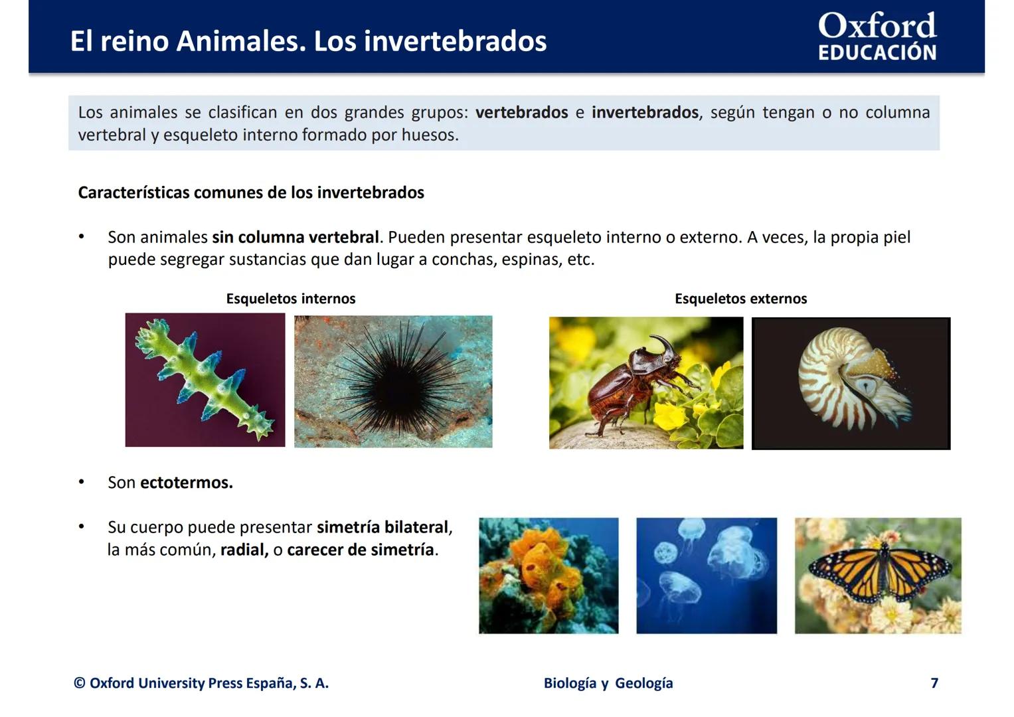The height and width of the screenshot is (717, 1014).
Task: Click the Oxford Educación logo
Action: (877, 37)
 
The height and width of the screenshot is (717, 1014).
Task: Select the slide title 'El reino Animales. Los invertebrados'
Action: (308, 41)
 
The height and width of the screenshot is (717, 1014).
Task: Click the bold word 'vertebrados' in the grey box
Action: (521, 113)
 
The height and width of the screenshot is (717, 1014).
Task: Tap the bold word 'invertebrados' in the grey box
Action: (645, 113)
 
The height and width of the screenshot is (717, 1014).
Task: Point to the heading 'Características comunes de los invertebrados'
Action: (251, 193)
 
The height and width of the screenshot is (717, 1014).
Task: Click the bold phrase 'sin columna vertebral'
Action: (296, 237)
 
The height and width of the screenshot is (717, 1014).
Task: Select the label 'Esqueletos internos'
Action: (291, 299)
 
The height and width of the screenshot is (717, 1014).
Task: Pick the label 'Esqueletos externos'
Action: (740, 299)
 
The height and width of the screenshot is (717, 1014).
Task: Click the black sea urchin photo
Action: (393, 381)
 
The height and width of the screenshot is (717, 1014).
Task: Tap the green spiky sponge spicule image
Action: (205, 380)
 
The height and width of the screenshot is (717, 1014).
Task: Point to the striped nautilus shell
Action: (837, 378)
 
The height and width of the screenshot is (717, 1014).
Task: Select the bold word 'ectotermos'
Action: (186, 483)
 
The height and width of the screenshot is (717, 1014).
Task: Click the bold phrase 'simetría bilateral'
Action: (382, 527)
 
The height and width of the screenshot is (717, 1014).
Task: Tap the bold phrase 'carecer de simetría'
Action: (361, 550)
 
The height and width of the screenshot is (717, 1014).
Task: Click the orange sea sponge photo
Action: (549, 576)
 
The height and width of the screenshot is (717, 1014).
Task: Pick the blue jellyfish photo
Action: (706, 576)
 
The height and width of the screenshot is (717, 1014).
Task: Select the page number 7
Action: (934, 683)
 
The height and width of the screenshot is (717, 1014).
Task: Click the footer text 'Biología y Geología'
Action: (608, 683)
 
